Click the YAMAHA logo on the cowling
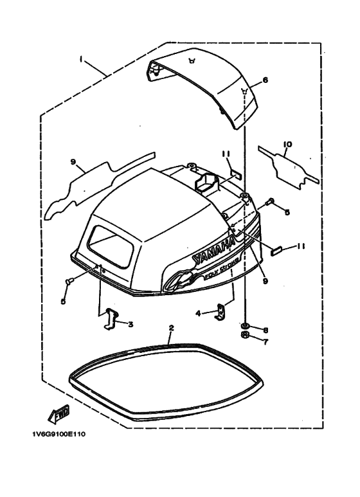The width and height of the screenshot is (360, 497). tap(215, 252)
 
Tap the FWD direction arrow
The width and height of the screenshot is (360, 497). tap(59, 414)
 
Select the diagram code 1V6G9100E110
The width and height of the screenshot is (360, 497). tap(59, 434)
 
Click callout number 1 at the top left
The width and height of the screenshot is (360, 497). tap(81, 59)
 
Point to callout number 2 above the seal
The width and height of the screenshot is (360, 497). tap(172, 328)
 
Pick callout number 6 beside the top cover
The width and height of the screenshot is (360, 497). tap(265, 80)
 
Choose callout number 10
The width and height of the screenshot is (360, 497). tap(288, 145)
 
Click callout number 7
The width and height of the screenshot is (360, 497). tap(265, 342)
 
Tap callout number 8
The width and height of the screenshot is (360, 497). tap(265, 330)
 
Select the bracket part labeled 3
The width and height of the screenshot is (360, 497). tap(110, 318)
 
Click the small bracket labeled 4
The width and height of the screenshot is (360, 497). tap(220, 311)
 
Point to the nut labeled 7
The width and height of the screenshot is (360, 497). tap(245, 335)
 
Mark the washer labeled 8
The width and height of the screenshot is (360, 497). tap(245, 325)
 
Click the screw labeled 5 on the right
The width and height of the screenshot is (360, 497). tap(270, 201)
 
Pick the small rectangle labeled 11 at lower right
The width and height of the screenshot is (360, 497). tap(275, 251)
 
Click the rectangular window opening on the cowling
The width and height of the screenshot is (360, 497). tap(110, 246)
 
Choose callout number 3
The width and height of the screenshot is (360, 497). tap(130, 324)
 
